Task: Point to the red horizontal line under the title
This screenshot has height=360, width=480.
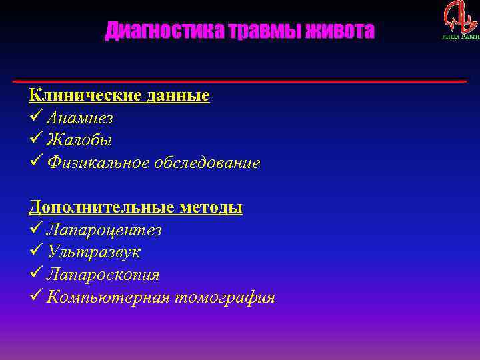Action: pyautogui.click(x=240, y=81)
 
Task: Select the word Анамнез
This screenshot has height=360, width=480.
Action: pyautogui.click(x=79, y=118)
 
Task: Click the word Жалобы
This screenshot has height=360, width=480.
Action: pyautogui.click(x=79, y=140)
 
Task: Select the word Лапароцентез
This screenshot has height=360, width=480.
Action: pyautogui.click(x=104, y=230)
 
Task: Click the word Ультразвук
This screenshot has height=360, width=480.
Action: pyautogui.click(x=93, y=252)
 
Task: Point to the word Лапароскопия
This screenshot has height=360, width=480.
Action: pyautogui.click(x=103, y=275)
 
